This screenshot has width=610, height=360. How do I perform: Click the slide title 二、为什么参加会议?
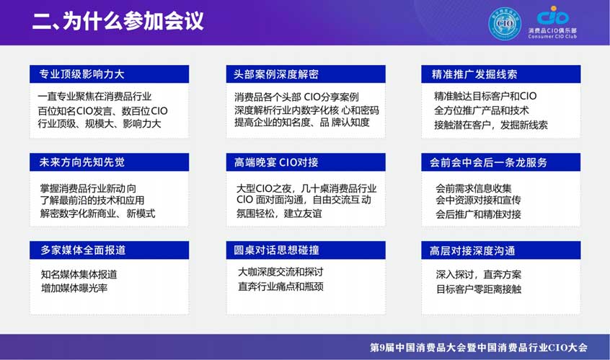(118, 21)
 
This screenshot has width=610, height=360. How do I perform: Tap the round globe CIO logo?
(505, 24)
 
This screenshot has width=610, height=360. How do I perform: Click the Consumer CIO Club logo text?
(552, 37)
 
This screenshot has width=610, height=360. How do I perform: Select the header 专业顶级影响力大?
(81, 74)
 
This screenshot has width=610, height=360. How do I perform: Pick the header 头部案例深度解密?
(276, 74)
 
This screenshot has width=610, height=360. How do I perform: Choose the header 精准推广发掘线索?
(474, 74)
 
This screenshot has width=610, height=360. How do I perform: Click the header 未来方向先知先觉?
(81, 162)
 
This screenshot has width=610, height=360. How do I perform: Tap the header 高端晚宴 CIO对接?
(276, 162)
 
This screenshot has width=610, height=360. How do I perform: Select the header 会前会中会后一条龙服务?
(488, 162)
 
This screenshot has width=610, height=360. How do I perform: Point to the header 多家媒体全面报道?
(83, 250)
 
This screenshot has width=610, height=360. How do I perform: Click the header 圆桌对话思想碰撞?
(276, 250)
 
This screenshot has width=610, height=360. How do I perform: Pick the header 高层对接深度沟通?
(472, 250)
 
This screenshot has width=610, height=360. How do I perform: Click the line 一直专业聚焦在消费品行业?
(94, 97)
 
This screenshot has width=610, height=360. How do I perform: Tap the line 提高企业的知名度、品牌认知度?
(302, 122)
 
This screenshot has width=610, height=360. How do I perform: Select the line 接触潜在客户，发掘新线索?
(491, 125)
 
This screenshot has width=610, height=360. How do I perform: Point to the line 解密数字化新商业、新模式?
(97, 214)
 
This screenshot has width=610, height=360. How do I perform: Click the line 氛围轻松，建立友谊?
(279, 214)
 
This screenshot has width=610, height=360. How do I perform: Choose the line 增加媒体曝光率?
(74, 288)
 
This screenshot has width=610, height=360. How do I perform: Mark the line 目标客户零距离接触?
(479, 289)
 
